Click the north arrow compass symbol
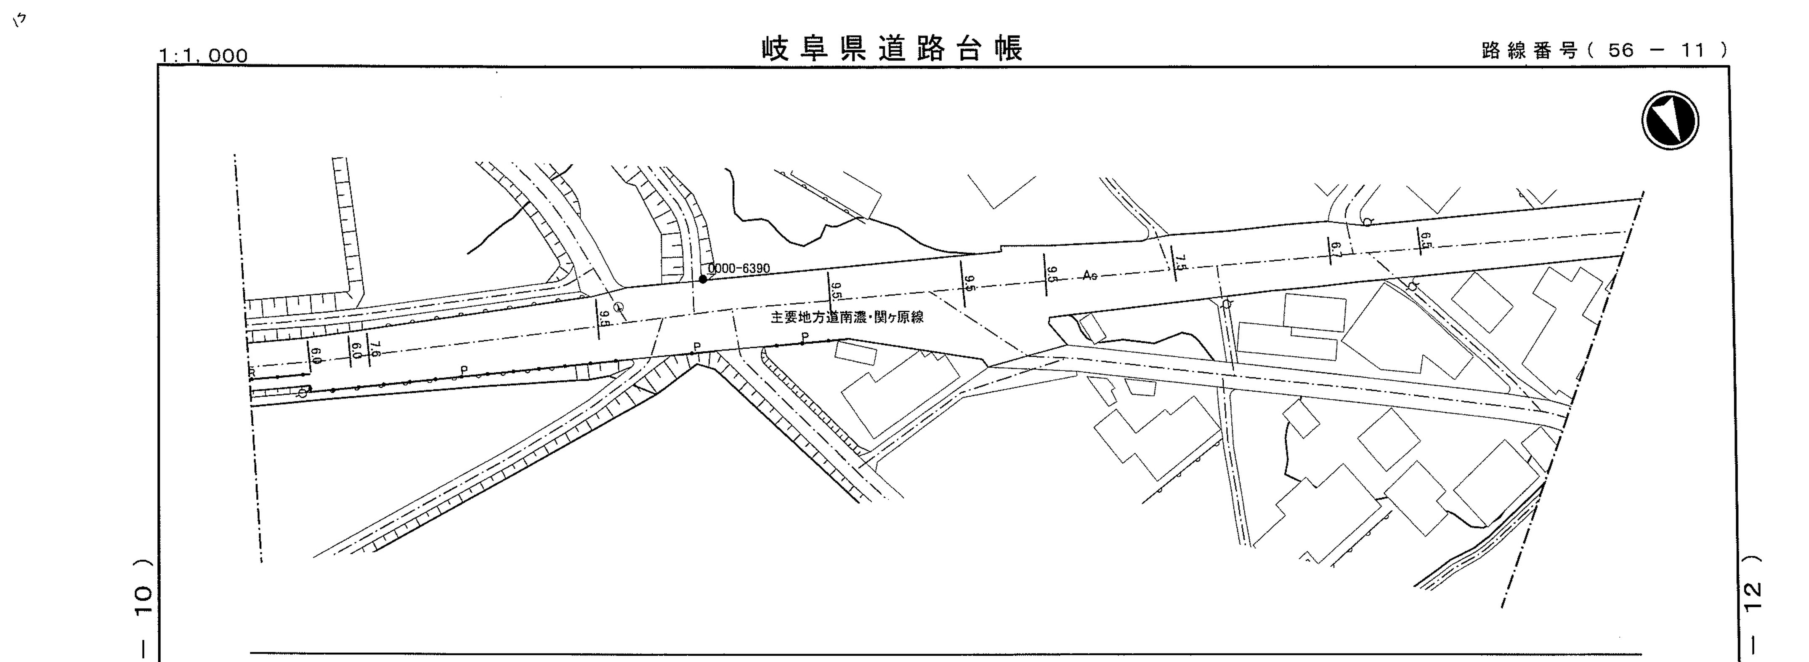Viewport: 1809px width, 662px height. pos(1670,120)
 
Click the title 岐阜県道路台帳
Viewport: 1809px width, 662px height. pos(892,49)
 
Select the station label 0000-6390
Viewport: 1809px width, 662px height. pos(739,268)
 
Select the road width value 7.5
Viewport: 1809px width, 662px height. pos(1180,263)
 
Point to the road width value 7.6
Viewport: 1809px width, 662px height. pos(375,349)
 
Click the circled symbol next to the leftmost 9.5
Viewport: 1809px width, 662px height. pos(619,307)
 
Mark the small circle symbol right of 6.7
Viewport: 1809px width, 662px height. pos(1367,222)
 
